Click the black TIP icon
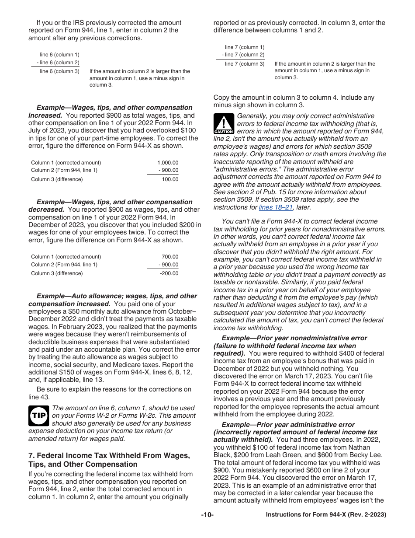39,416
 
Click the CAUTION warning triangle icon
223,124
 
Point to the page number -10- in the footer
207,515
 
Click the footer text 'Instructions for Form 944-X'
310,515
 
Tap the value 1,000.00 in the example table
168,163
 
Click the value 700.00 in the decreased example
170,257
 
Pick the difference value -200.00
169,273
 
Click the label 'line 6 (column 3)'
59,71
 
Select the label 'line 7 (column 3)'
245,64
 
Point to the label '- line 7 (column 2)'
242,55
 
